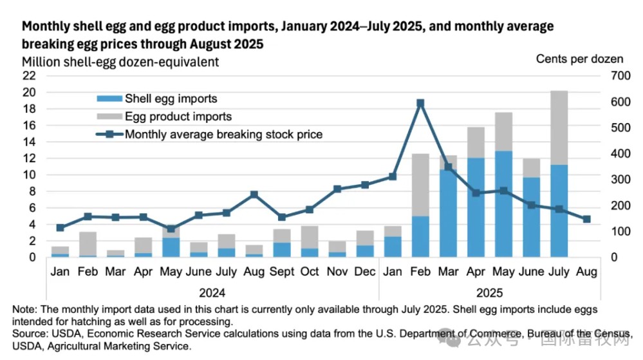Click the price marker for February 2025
point(420,103)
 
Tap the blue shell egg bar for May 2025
point(503,204)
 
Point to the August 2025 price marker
point(586,220)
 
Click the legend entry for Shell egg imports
point(171,99)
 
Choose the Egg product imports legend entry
point(178,117)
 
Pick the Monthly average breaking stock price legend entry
point(223,135)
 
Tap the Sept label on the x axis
point(282,272)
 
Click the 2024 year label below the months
point(212,290)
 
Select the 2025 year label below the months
point(489,290)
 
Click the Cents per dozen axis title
point(579,59)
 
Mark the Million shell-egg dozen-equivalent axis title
point(120,62)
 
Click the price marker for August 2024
point(254,194)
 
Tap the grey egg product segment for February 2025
point(420,185)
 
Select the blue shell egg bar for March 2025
point(448,213)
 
